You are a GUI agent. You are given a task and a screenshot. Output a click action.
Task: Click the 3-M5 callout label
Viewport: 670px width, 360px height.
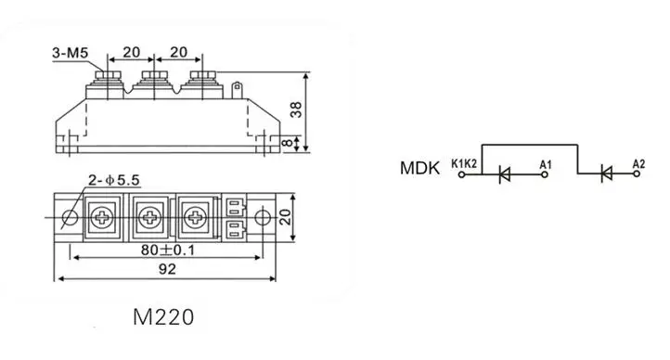71,53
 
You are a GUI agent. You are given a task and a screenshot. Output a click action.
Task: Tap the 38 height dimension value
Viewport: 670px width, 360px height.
296,109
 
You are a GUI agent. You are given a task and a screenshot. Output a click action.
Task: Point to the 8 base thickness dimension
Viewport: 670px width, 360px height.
288,142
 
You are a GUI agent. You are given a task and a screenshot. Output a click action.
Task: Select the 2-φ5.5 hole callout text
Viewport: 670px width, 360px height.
113,180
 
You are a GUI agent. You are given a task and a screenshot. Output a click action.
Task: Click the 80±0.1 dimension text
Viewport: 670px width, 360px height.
167,250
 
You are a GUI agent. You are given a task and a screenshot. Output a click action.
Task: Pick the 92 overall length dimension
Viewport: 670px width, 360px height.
167,269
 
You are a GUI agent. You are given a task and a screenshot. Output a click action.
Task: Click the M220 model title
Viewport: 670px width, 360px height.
163,317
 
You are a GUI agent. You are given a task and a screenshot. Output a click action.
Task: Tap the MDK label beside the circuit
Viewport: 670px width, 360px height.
419,168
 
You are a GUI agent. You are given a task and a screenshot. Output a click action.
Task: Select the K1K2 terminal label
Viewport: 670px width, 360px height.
464,163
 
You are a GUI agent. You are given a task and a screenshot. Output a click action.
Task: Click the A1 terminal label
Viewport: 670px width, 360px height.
546,164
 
